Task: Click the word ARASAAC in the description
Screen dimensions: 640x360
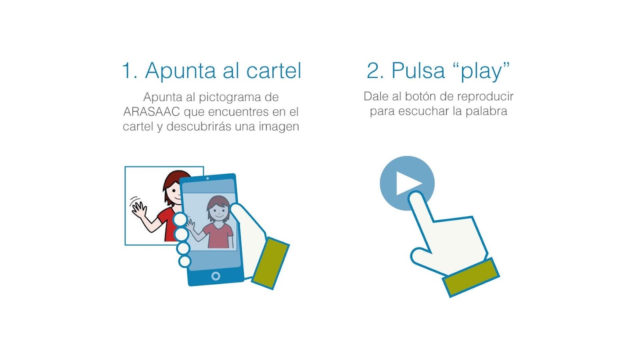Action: [x=151, y=112]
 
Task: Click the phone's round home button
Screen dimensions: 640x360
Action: [x=216, y=276]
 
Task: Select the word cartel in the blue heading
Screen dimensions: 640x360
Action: [x=274, y=71]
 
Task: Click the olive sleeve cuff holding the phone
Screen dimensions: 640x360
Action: [x=270, y=263]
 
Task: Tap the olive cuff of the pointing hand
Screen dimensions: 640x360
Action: [x=471, y=277]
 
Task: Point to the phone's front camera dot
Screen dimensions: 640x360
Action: [x=207, y=179]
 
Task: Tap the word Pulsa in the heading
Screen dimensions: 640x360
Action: [x=418, y=71]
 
